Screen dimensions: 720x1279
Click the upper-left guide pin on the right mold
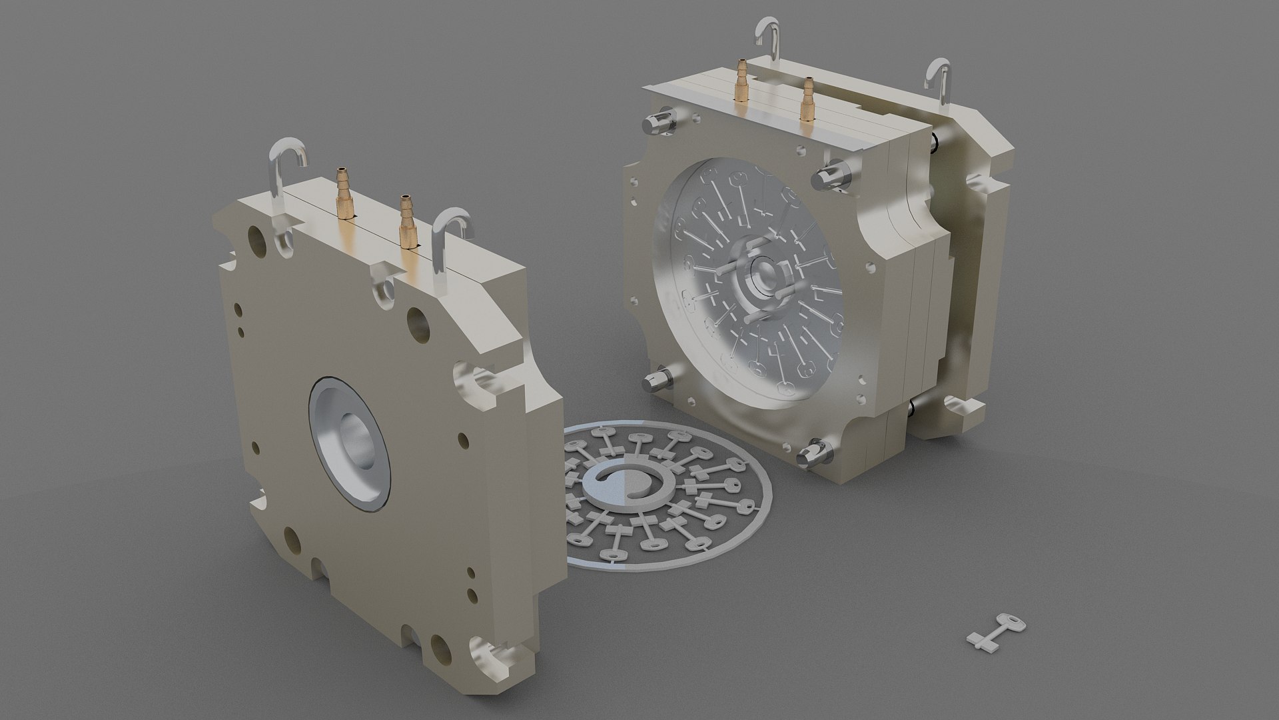coord(659,122)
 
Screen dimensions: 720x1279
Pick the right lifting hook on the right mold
coord(940,80)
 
